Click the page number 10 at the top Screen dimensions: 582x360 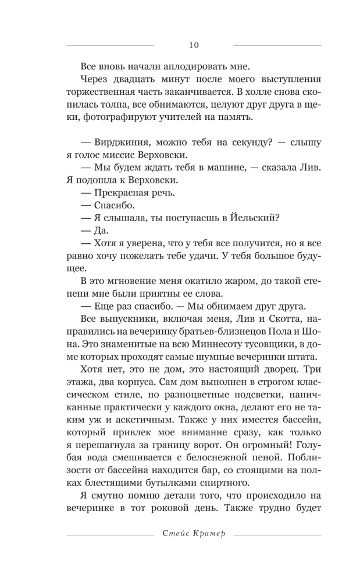(194, 45)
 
